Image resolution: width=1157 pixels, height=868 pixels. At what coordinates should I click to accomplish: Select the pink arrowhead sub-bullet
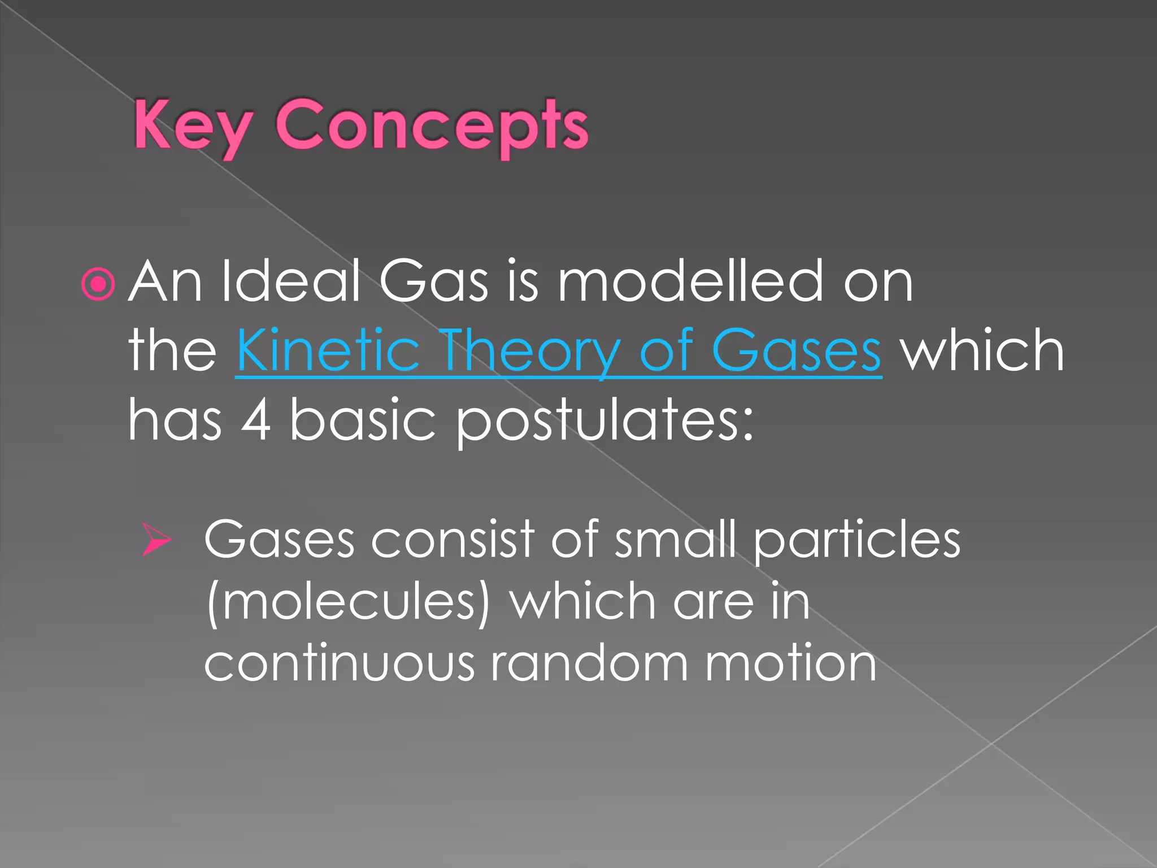click(x=156, y=540)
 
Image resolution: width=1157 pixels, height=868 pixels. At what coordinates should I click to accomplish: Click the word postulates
click(x=604, y=421)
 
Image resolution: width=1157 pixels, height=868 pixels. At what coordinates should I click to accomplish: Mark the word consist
click(x=453, y=540)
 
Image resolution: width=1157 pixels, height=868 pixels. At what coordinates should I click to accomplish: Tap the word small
click(x=675, y=540)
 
